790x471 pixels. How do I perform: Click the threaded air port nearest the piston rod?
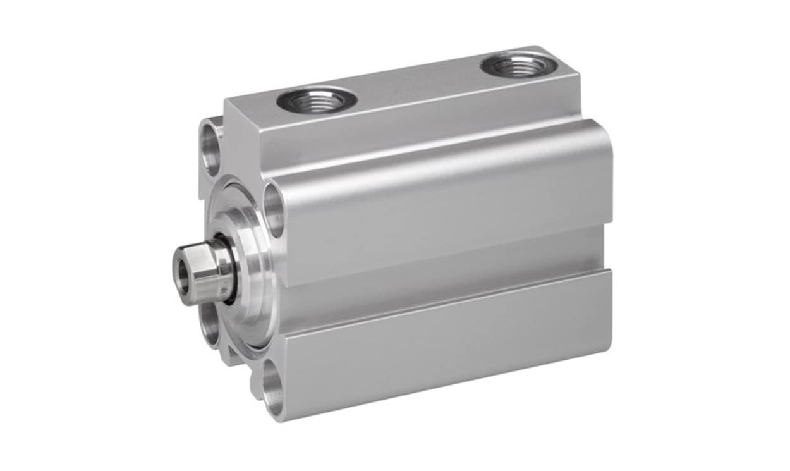[317, 99]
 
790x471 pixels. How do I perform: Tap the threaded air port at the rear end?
[520, 65]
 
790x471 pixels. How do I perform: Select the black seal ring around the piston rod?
[228, 269]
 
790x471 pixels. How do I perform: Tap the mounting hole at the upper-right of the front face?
[274, 210]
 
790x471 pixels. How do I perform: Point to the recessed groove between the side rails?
[442, 278]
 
